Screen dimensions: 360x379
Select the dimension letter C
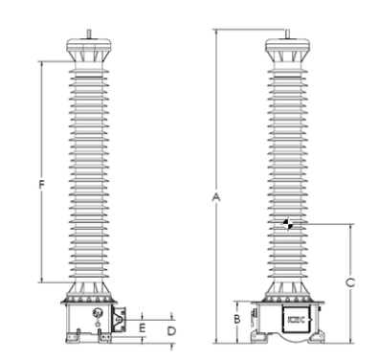(350, 281)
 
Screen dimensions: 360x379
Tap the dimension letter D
(171, 329)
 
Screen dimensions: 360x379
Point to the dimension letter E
(142, 327)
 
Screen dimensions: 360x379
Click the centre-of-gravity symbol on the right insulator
(288, 224)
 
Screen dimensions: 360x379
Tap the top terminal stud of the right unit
(288, 34)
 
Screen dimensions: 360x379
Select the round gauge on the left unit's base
(95, 313)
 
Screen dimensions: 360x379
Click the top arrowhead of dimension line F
(40, 63)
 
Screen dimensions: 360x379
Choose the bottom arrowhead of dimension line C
(350, 340)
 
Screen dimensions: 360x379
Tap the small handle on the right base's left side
(254, 312)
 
